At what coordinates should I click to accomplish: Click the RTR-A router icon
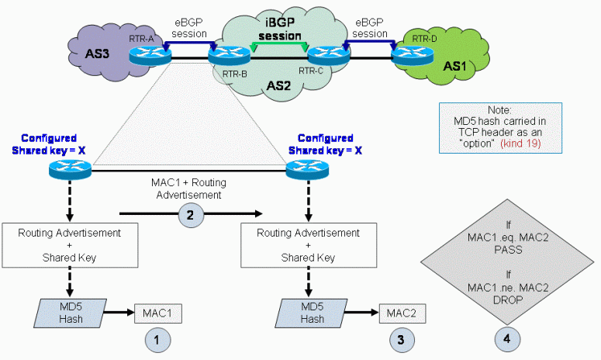pos(143,54)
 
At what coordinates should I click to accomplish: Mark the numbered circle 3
pos(403,339)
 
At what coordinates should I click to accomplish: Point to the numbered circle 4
pos(509,339)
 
